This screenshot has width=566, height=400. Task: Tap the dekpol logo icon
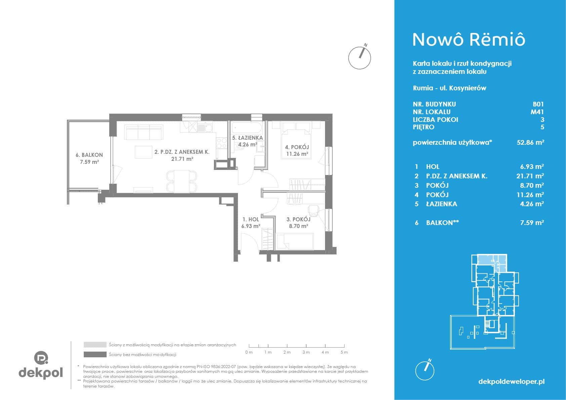41,357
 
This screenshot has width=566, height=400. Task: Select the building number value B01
538,104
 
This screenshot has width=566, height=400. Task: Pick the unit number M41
537,112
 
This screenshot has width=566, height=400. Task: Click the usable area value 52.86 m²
530,142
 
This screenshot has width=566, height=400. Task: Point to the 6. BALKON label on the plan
89,155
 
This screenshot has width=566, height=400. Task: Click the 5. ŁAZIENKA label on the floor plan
248,138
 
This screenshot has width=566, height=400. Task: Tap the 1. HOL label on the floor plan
251,219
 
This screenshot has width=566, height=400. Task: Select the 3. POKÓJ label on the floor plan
298,219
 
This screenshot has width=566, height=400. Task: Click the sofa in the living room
144,132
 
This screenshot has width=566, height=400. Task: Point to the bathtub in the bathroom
247,128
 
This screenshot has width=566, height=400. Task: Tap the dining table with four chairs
182,181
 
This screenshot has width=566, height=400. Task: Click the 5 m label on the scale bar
344,352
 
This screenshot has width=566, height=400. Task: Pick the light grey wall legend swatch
95,345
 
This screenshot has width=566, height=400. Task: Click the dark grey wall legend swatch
95,355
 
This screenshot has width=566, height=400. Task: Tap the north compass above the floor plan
360,57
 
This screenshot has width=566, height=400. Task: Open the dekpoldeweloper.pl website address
512,382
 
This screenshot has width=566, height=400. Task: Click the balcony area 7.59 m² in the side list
532,223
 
